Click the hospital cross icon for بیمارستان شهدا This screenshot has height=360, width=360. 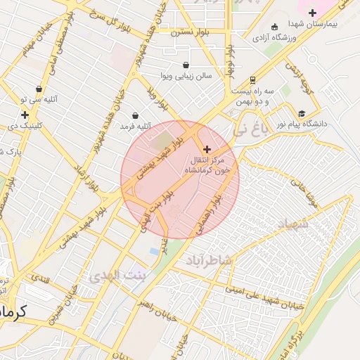pyautogui.click(x=312, y=13)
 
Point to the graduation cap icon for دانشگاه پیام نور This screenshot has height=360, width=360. pyautogui.click(x=302, y=113)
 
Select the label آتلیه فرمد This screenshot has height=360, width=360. pyautogui.click(x=136, y=126)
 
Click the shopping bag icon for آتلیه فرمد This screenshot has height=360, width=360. pyautogui.click(x=135, y=115)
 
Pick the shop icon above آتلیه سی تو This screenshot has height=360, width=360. pyautogui.click(x=39, y=89)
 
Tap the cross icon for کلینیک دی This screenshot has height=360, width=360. pyautogui.click(x=25, y=114)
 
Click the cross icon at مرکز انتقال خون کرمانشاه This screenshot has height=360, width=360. pyautogui.click(x=207, y=149)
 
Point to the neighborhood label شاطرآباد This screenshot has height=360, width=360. pyautogui.click(x=209, y=261)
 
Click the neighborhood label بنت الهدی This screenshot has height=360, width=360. pyautogui.click(x=117, y=274)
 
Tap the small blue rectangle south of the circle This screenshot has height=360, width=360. pyautogui.click(x=153, y=250)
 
